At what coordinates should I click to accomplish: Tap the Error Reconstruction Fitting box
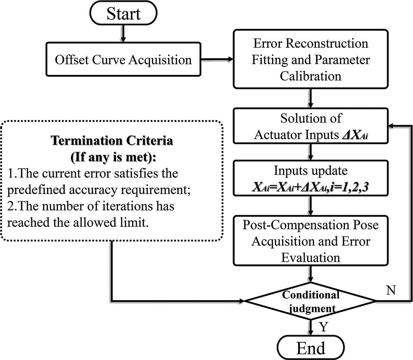tap(310, 60)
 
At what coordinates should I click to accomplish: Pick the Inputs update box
tap(310, 178)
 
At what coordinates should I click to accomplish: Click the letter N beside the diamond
tap(391, 291)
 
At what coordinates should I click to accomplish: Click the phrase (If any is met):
tap(112, 157)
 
